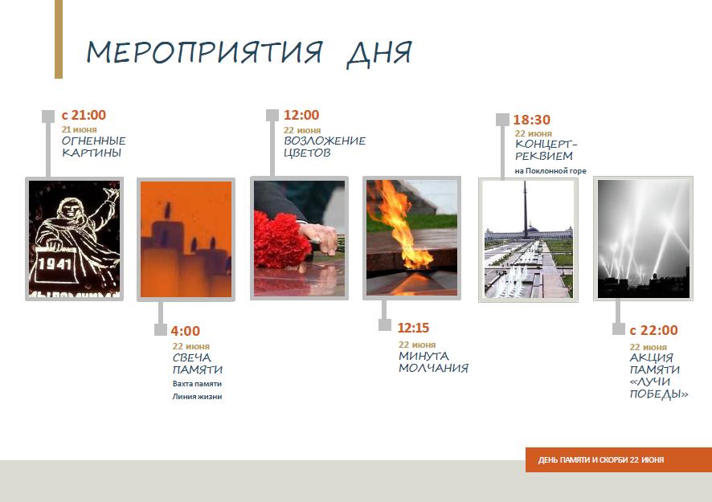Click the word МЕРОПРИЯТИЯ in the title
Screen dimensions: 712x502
pyautogui.click(x=204, y=51)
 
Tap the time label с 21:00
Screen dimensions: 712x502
pyautogui.click(x=84, y=115)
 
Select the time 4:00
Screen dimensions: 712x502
pyautogui.click(x=186, y=331)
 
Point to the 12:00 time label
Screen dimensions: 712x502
pyautogui.click(x=301, y=115)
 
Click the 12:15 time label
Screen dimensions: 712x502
pyautogui.click(x=413, y=328)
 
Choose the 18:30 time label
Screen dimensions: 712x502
pyautogui.click(x=532, y=120)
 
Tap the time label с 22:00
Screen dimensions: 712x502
pyautogui.click(x=654, y=330)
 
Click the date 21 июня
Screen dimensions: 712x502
pyautogui.click(x=79, y=130)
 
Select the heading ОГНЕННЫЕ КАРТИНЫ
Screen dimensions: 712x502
pyautogui.click(x=93, y=147)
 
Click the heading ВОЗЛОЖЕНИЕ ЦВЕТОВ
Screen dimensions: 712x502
pyautogui.click(x=325, y=147)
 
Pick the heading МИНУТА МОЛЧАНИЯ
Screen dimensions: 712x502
pyautogui.click(x=433, y=361)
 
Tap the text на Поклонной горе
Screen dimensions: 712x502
pyautogui.click(x=550, y=171)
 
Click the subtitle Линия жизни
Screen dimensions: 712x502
pyautogui.click(x=197, y=396)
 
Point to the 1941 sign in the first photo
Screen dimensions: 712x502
pyautogui.click(x=55, y=263)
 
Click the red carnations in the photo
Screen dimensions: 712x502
pyautogui.click(x=280, y=242)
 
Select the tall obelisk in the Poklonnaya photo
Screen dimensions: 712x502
pyautogui.click(x=526, y=209)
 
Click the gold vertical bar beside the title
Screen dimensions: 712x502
pyautogui.click(x=59, y=39)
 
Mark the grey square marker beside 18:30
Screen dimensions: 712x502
pyautogui.click(x=502, y=120)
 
